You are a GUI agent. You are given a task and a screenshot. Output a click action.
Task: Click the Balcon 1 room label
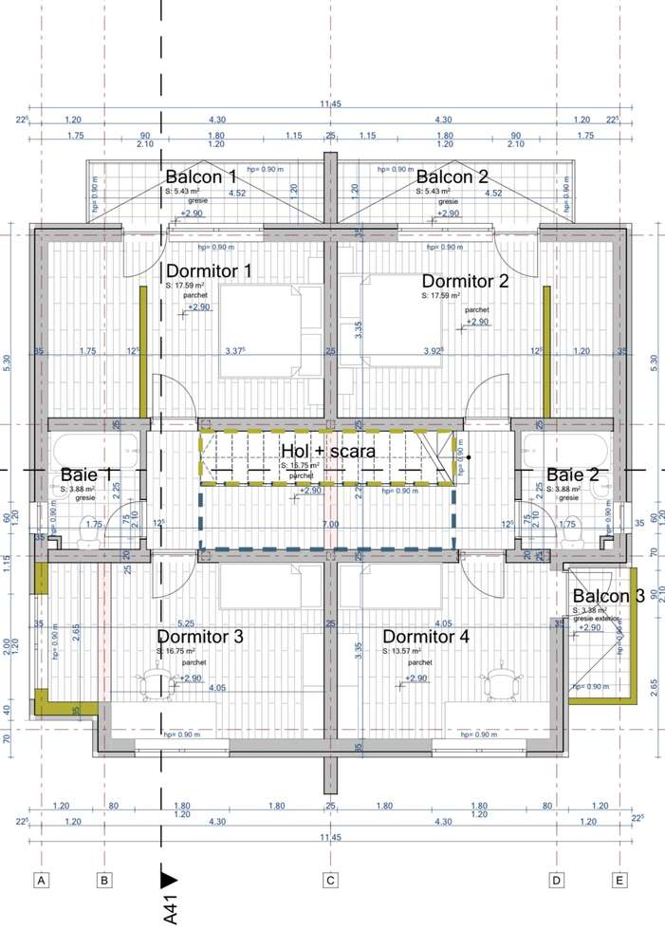[201, 177]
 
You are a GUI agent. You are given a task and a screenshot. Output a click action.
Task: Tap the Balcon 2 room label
[452, 177]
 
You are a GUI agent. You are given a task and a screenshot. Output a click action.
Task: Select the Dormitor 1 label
[209, 271]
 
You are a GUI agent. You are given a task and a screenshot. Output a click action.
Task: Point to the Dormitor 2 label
[465, 281]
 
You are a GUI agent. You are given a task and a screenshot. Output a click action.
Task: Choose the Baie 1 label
[86, 474]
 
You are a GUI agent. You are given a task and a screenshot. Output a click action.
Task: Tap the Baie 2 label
[572, 474]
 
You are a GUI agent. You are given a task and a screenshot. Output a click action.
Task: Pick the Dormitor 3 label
[200, 637]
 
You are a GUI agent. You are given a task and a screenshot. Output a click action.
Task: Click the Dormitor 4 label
[426, 637]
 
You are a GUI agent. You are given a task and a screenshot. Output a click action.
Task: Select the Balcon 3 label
[608, 596]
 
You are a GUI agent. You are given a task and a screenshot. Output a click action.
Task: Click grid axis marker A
[41, 881]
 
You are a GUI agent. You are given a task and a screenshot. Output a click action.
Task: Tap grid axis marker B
[104, 881]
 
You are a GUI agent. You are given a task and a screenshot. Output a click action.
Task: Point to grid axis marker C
[331, 881]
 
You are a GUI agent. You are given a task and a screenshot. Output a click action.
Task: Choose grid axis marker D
[556, 881]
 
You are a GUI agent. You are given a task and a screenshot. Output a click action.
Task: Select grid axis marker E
[619, 881]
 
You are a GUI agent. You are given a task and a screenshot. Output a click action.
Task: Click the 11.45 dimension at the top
[330, 103]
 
